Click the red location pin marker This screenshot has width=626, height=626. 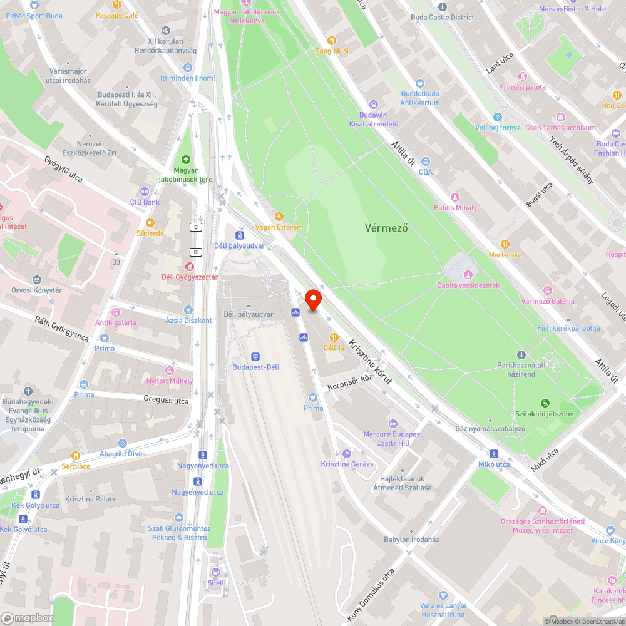tap(313, 300)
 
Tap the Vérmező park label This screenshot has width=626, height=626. tap(386, 228)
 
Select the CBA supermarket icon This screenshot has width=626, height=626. tap(426, 162)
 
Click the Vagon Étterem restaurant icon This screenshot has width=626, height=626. tap(279, 216)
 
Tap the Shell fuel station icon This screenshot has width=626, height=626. tap(216, 572)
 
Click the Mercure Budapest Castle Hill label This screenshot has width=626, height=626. tap(393, 438)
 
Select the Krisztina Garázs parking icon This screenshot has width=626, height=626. tap(347, 453)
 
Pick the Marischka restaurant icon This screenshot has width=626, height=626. tap(505, 244)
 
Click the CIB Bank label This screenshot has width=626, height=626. tap(145, 202)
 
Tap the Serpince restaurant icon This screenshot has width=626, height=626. tap(76, 456)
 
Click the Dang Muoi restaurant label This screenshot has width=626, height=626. tap(331, 51)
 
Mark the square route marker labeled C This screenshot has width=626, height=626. tap(197, 227)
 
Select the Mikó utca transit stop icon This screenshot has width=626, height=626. tap(494, 454)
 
